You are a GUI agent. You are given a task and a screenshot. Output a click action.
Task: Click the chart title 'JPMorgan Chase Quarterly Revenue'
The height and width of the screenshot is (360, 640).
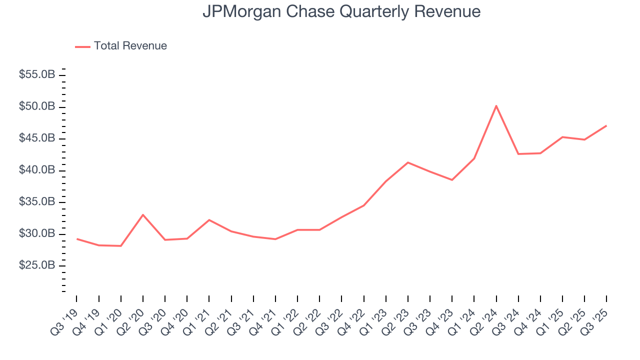[341, 11]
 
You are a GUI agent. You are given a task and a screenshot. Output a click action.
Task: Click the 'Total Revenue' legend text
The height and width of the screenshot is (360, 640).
[130, 46]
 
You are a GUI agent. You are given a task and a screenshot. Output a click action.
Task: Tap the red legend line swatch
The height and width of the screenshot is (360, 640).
[82, 46]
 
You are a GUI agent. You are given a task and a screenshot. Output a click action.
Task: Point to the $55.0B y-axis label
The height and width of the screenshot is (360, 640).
[37, 75]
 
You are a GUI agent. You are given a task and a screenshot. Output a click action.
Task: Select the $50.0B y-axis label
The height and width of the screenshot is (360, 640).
[37, 106]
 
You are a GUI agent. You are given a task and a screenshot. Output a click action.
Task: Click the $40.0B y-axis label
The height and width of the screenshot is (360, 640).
[37, 170]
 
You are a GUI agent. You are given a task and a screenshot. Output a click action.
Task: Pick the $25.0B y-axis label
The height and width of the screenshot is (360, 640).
[37, 265]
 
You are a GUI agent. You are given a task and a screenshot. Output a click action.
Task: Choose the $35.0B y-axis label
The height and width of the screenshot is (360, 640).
[37, 202]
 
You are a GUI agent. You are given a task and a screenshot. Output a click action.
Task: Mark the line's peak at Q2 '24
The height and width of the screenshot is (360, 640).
[496, 105]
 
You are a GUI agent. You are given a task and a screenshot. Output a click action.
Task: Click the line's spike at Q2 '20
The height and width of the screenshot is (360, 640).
[143, 215]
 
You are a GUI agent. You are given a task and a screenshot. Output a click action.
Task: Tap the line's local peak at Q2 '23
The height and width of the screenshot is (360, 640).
[407, 162]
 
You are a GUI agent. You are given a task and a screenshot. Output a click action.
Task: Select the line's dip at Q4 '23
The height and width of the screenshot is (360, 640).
[452, 180]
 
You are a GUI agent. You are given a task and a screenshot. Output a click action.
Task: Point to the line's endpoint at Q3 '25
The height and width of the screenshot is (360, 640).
[606, 125]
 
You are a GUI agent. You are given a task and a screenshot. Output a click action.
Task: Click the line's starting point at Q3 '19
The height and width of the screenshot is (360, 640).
[76, 239]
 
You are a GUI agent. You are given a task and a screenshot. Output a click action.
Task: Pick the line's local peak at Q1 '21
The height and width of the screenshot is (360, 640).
[209, 220]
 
